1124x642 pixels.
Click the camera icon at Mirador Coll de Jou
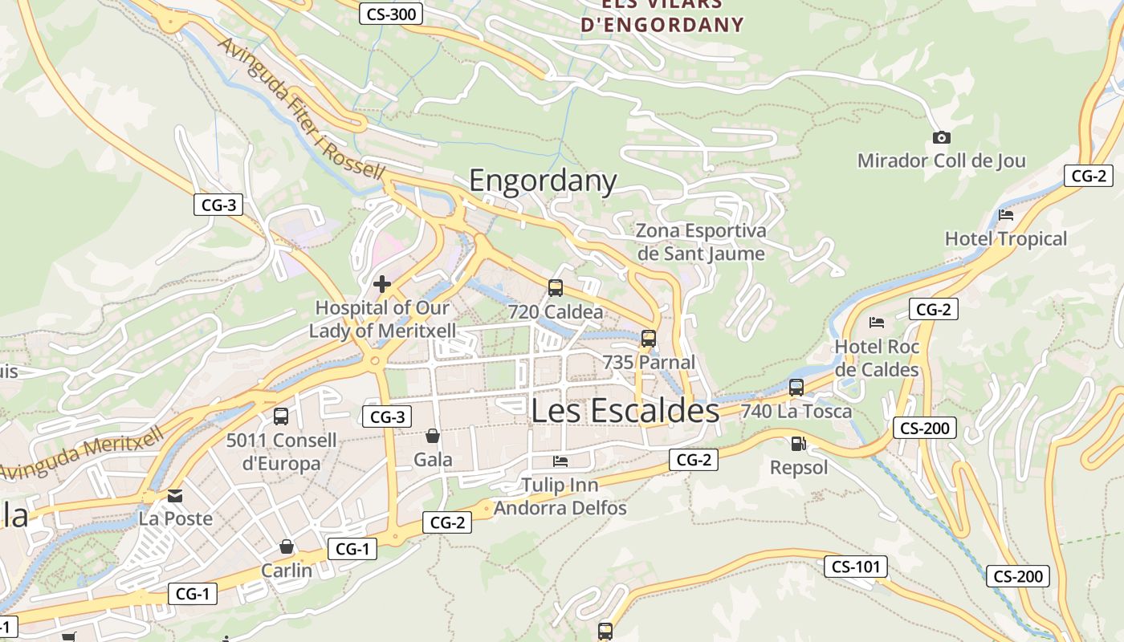click(x=942, y=138)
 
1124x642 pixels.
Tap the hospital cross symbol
click(x=382, y=284)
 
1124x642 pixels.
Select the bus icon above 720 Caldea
click(x=555, y=288)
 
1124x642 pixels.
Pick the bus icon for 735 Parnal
click(x=649, y=339)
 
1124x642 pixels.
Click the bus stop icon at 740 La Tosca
click(x=796, y=388)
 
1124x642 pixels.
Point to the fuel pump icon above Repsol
click(x=798, y=443)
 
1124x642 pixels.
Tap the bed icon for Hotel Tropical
click(x=1006, y=215)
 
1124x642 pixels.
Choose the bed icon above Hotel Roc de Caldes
click(x=877, y=323)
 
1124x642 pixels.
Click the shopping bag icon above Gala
click(x=433, y=436)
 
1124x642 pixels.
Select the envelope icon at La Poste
click(x=175, y=495)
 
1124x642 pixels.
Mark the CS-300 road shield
click(x=391, y=14)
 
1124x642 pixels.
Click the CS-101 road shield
click(x=856, y=567)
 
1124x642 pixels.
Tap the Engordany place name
click(x=543, y=181)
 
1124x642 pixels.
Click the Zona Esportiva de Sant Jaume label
click(x=701, y=242)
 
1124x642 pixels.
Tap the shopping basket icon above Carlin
click(x=287, y=547)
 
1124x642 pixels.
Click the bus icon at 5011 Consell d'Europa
click(x=281, y=416)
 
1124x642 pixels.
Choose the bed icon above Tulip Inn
click(x=560, y=461)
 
